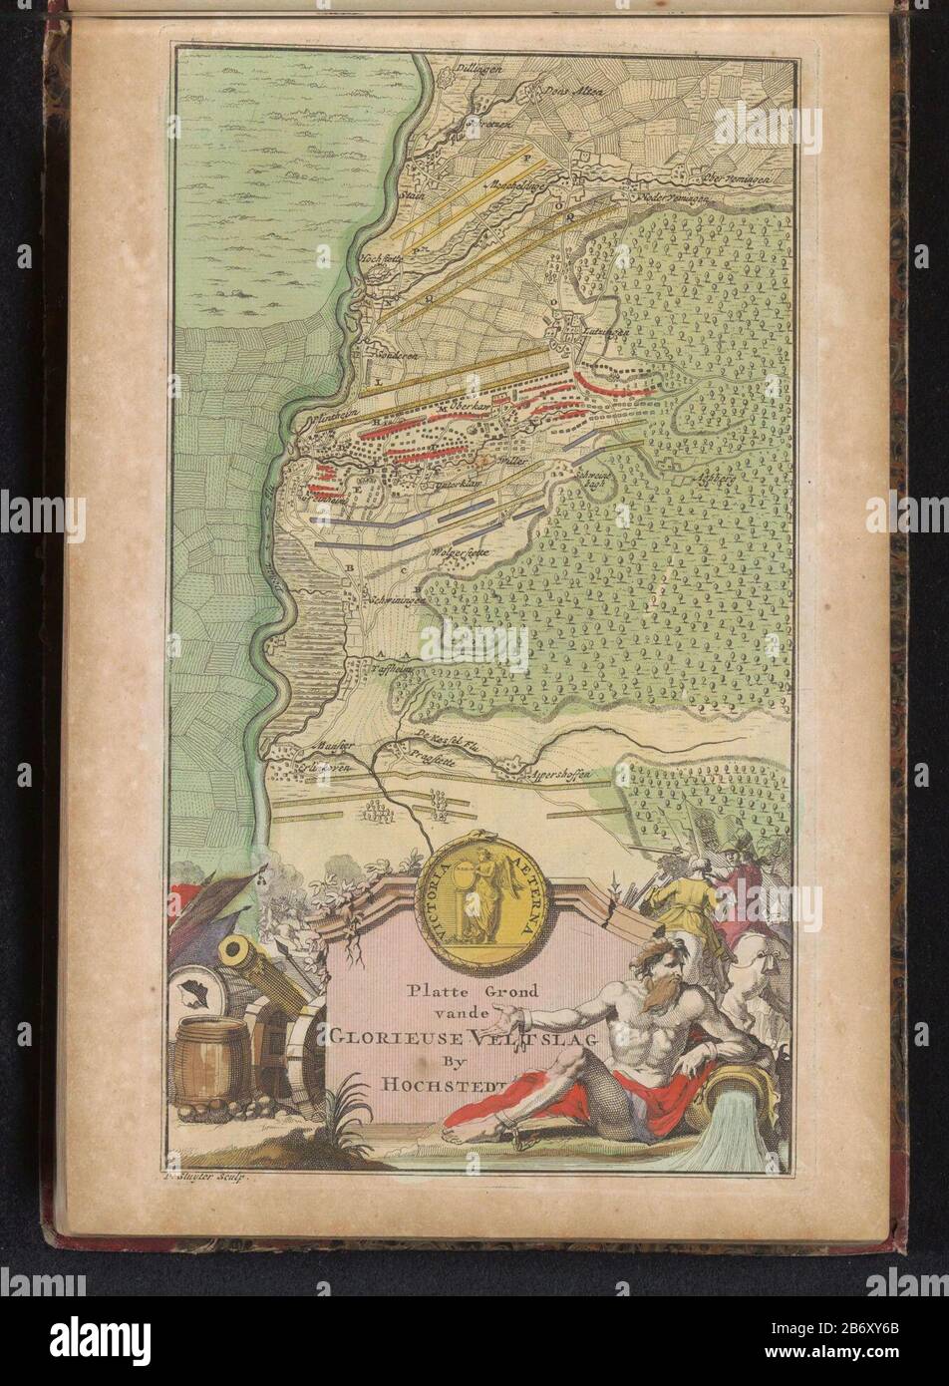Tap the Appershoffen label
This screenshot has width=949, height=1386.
558,773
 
